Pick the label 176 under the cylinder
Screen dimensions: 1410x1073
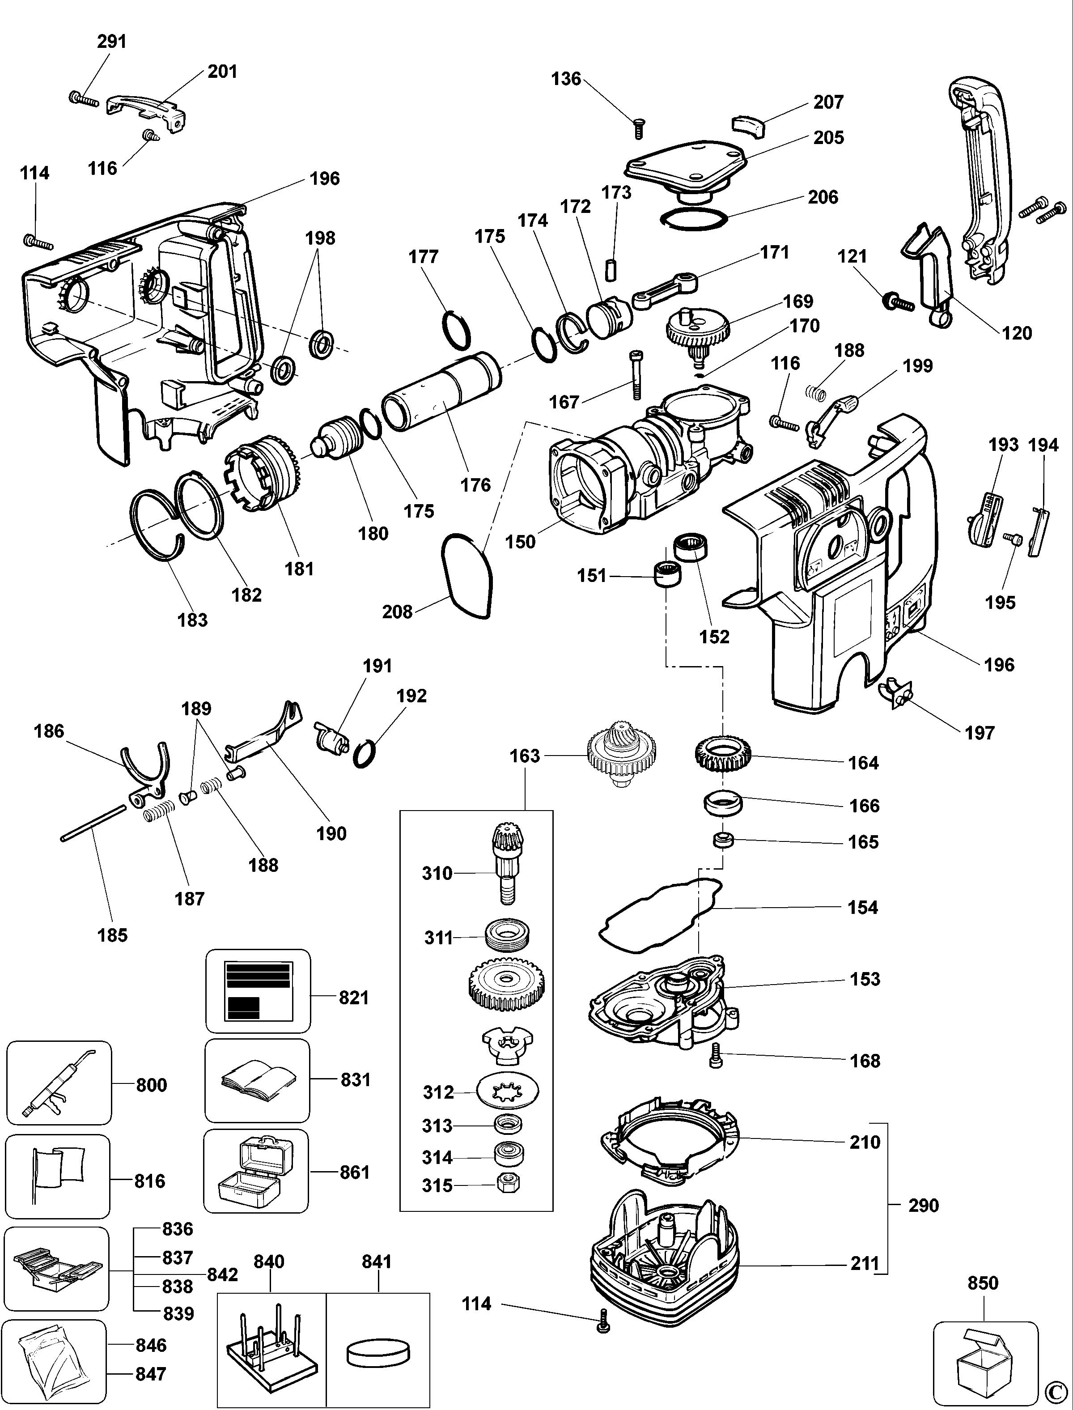476,485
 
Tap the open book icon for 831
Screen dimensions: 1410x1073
258,1080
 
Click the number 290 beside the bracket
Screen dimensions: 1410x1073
924,1206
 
